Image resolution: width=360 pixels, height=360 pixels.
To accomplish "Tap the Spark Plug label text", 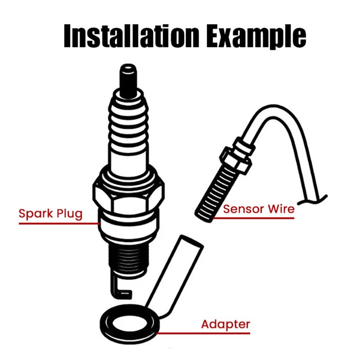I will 50,213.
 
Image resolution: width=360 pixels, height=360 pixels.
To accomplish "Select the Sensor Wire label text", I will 259,209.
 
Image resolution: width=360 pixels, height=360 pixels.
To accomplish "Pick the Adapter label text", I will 225,324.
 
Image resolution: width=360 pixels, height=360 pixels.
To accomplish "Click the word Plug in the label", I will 69,213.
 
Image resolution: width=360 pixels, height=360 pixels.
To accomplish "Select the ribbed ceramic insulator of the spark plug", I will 128,130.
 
